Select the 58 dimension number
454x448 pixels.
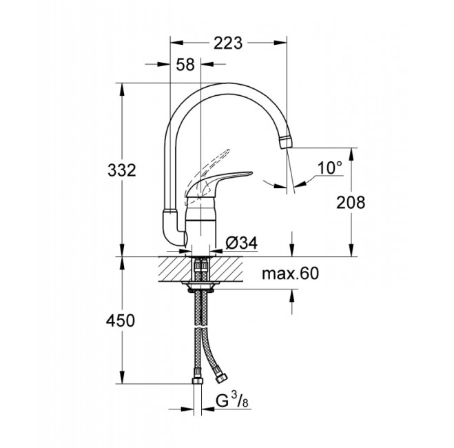[185, 65]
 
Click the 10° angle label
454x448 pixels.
[330, 167]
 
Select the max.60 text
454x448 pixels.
[291, 274]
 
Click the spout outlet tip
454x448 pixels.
[285, 142]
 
